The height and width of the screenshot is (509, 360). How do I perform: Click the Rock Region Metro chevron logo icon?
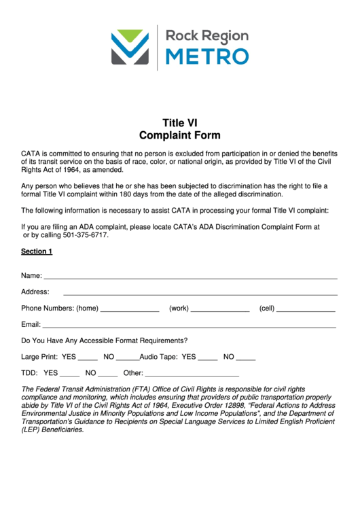(x=130, y=46)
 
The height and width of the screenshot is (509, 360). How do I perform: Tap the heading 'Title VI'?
(x=179, y=123)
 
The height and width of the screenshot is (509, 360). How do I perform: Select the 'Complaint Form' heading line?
(x=179, y=135)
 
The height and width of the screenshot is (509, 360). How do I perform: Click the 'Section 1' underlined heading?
(x=37, y=251)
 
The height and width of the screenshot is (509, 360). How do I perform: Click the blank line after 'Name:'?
(x=190, y=277)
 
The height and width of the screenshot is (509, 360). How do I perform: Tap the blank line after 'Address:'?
(x=200, y=293)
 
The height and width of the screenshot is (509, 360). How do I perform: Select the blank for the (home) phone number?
(x=130, y=310)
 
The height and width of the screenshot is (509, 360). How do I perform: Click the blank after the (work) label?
(x=220, y=310)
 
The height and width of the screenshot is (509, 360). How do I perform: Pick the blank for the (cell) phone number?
(x=306, y=310)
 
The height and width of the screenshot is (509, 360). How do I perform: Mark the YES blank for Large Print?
(x=88, y=358)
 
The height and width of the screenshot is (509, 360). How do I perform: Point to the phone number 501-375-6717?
(x=86, y=235)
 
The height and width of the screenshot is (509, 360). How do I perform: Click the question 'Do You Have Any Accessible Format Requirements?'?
(x=105, y=340)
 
